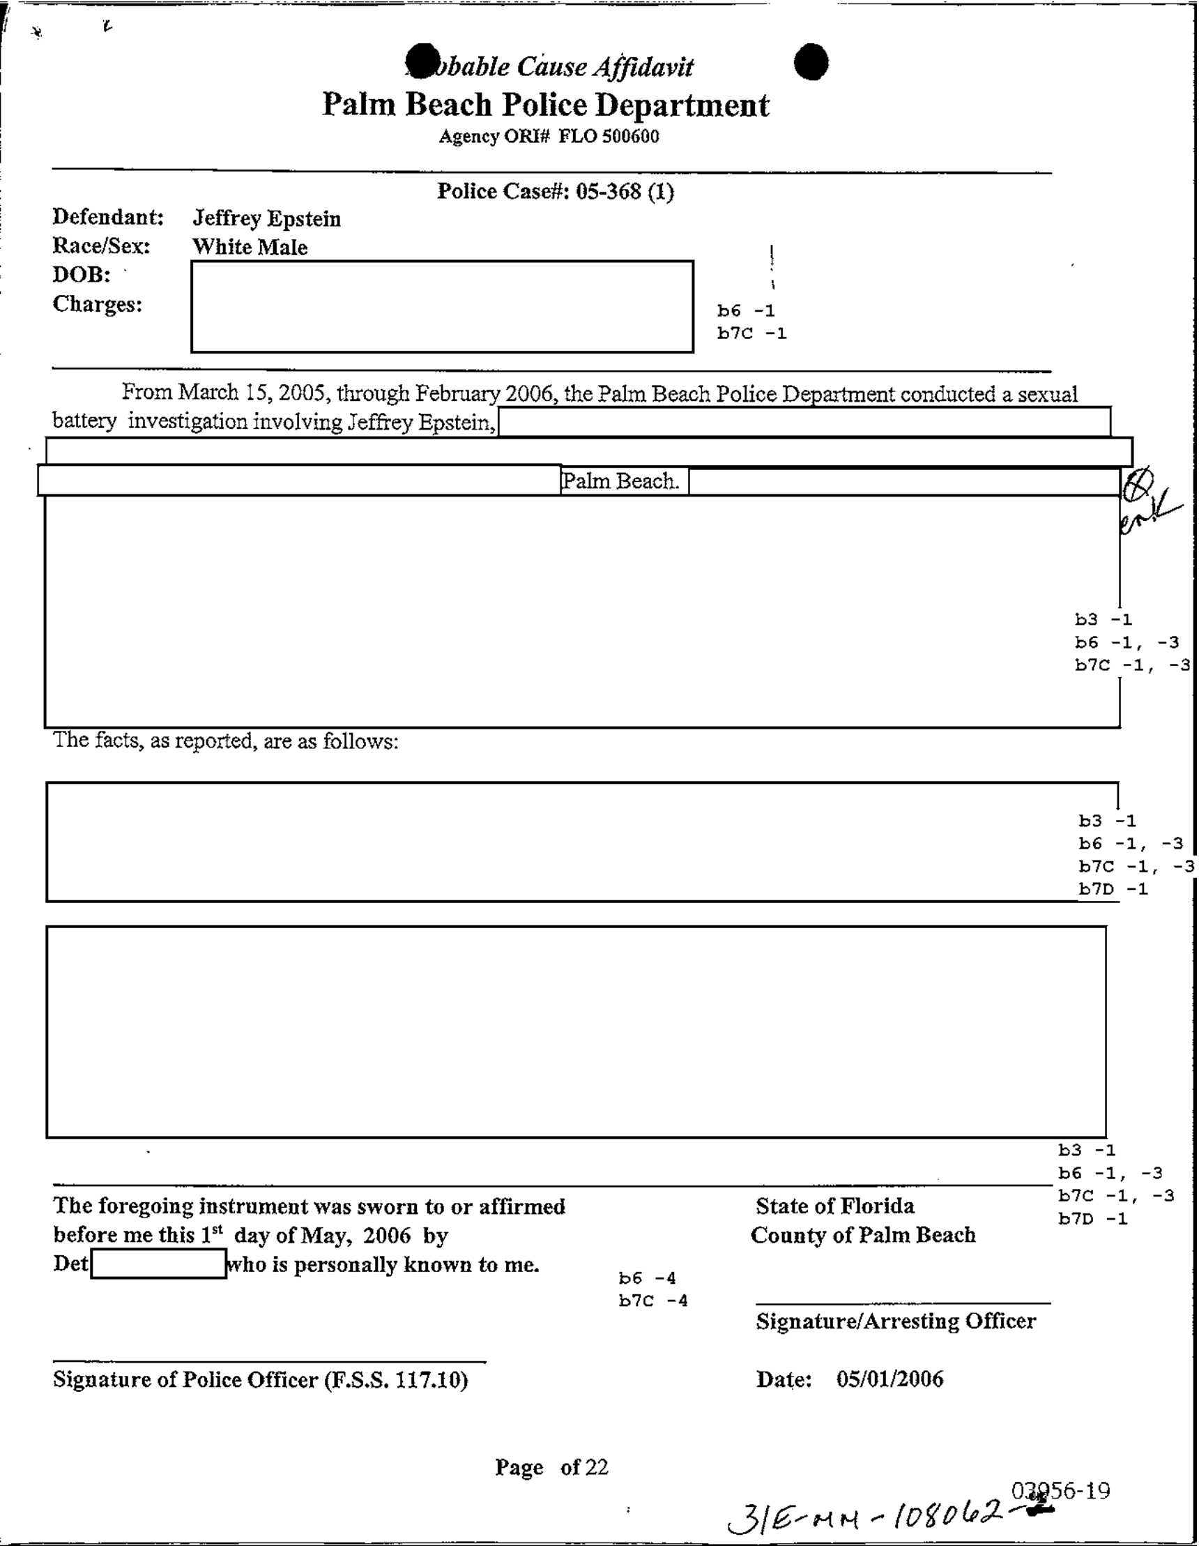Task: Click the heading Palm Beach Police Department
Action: [x=545, y=105]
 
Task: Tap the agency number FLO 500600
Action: [x=609, y=136]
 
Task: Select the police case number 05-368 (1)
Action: [x=625, y=191]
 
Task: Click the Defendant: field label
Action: [x=107, y=217]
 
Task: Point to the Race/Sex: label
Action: [x=101, y=245]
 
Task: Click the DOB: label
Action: [x=82, y=274]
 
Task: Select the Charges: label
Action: [x=97, y=303]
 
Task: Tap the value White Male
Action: [x=250, y=247]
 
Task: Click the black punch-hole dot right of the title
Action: [x=811, y=61]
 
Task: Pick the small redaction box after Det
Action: [x=158, y=1264]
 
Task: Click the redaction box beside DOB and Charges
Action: [x=442, y=307]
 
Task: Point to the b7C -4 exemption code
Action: [x=652, y=1301]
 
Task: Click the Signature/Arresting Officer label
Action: [x=895, y=1321]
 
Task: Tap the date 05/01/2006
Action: [x=889, y=1379]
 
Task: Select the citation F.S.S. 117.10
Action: [x=395, y=1379]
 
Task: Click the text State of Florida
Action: [x=834, y=1206]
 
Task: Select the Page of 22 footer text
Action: [x=551, y=1467]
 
